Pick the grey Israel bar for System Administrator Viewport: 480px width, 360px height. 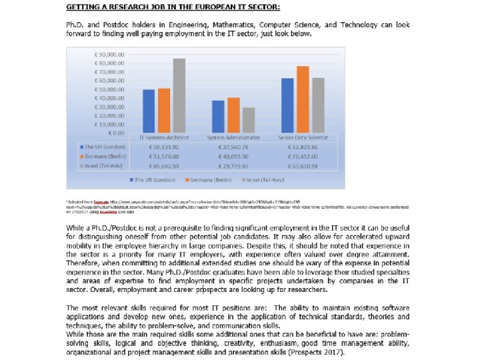click(x=249, y=120)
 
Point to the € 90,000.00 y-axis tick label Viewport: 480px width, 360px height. click(x=110, y=54)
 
